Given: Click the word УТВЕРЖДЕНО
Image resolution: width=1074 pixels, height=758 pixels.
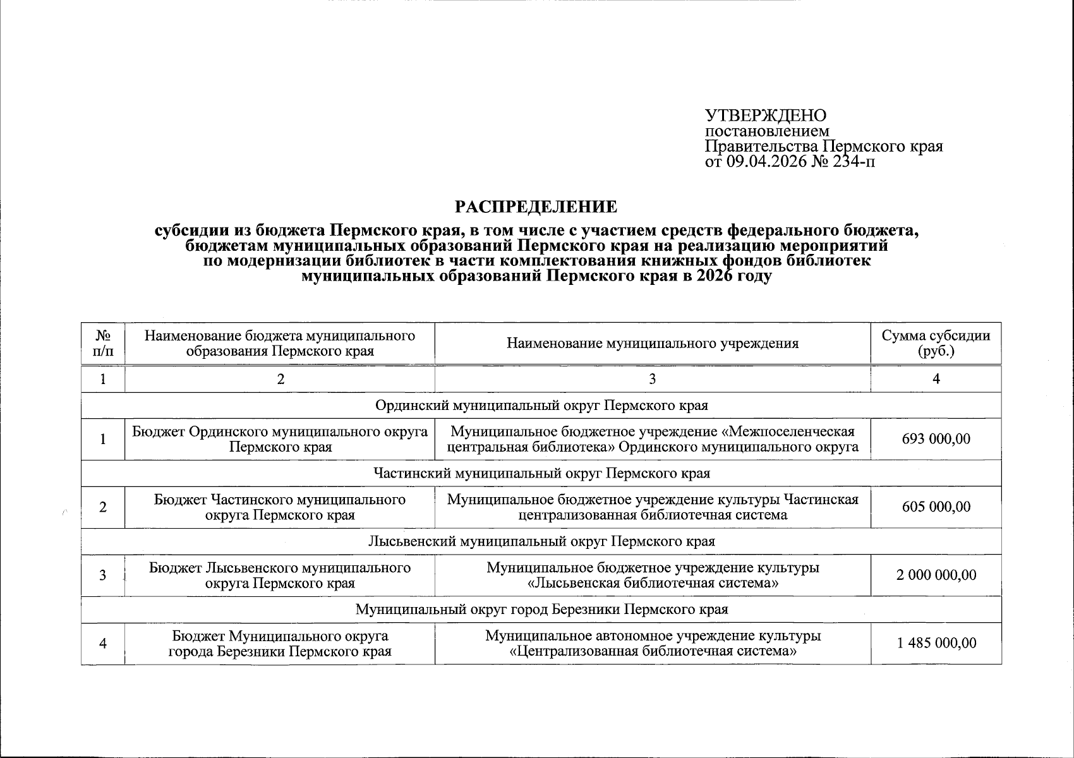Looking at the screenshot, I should click(765, 116).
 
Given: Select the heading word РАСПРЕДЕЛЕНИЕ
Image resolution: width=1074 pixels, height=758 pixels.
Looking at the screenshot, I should click(536, 207).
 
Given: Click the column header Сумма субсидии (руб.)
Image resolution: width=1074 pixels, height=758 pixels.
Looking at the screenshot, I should click(936, 343).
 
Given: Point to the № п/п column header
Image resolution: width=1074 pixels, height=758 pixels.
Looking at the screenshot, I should click(103, 343).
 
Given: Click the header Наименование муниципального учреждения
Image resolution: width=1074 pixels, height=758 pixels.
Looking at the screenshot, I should click(652, 343).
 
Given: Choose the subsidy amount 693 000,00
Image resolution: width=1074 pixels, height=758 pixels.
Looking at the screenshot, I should click(936, 439).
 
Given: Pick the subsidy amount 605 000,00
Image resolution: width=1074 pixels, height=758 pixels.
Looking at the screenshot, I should click(936, 507).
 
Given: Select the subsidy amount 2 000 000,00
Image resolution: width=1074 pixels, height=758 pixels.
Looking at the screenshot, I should click(936, 575).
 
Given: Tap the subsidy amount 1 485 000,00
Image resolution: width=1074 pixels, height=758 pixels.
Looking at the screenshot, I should click(936, 643).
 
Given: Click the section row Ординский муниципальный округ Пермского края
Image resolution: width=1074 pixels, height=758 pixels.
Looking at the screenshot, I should click(541, 405).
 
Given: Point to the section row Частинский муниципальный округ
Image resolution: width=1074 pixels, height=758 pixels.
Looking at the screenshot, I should click(541, 473).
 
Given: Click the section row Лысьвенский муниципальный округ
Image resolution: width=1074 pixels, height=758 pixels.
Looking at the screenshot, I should click(541, 541).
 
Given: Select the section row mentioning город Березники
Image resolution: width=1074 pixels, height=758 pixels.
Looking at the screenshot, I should click(541, 610).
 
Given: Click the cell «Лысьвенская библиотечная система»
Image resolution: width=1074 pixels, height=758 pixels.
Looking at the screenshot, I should click(652, 582).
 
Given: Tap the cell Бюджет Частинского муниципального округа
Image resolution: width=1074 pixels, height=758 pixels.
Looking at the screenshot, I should click(280, 507).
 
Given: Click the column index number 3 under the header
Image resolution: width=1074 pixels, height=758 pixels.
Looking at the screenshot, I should click(652, 378).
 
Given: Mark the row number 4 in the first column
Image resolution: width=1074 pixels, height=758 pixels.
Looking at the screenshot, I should click(103, 643).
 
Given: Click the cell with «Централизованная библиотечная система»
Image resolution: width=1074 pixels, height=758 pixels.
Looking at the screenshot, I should click(652, 651).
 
